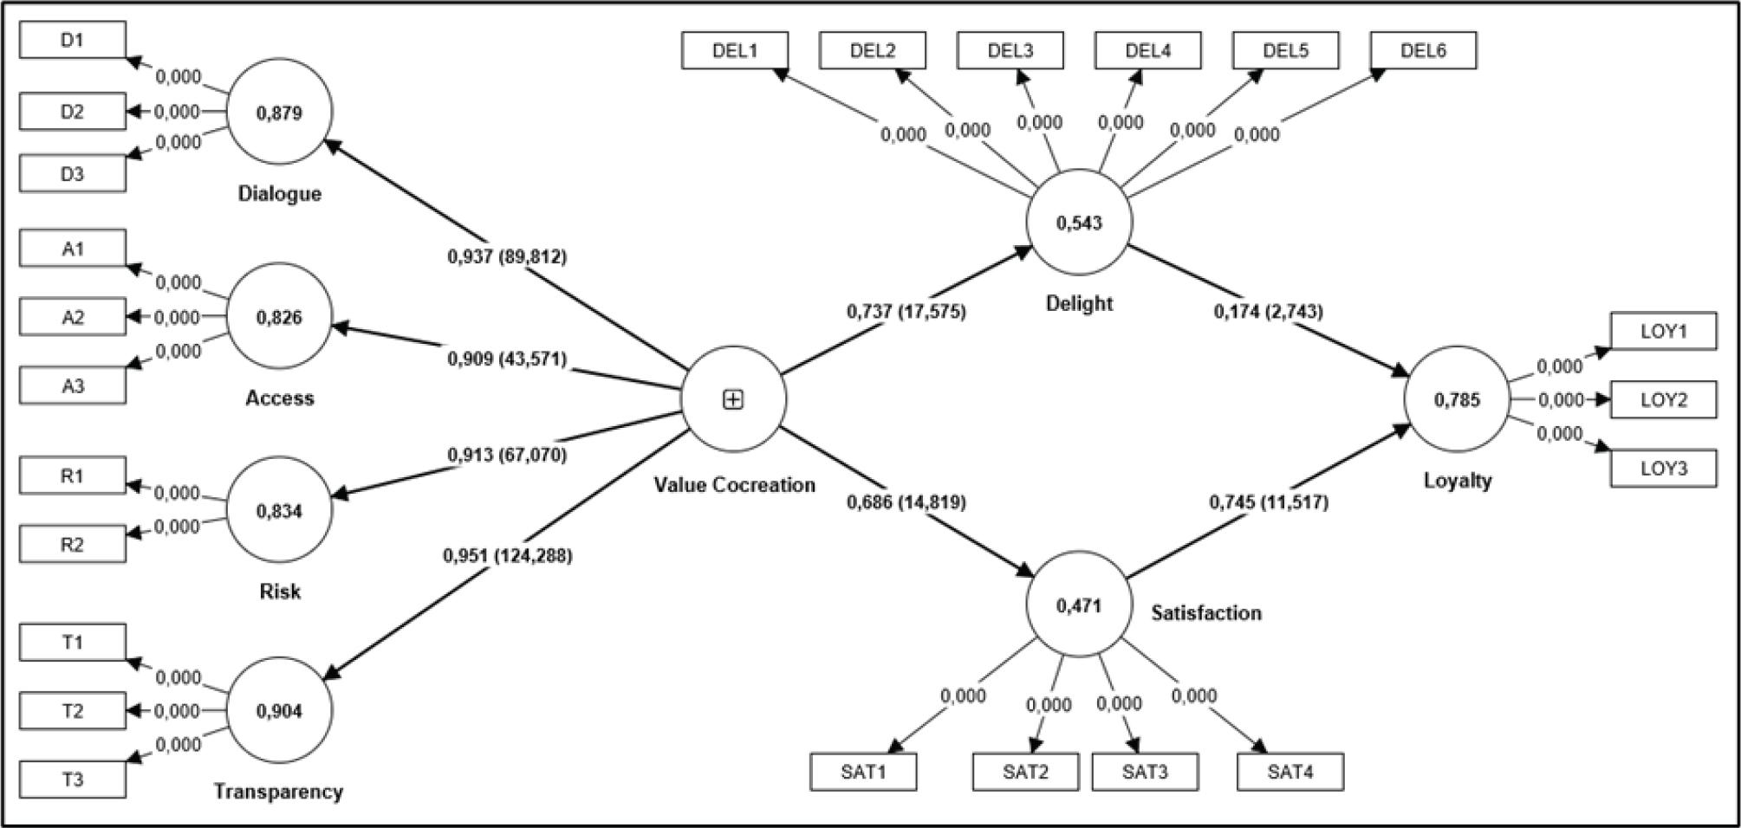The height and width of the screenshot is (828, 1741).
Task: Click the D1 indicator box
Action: pyautogui.click(x=73, y=40)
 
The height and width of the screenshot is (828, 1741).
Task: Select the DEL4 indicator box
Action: pyautogui.click(x=1148, y=50)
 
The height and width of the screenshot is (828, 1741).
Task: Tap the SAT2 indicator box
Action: pyautogui.click(x=1026, y=772)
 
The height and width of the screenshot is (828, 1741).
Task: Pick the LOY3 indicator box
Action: pyautogui.click(x=1664, y=469)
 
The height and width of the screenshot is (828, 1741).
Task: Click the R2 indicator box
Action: pyautogui.click(x=73, y=545)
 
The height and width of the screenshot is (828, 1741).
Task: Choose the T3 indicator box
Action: pyautogui.click(x=73, y=779)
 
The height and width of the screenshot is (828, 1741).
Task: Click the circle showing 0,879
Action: pyautogui.click(x=279, y=113)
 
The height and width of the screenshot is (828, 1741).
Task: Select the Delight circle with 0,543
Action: pyautogui.click(x=1079, y=223)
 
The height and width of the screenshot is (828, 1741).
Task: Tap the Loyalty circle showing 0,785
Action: pyautogui.click(x=1457, y=399)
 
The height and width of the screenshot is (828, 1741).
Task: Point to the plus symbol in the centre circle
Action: pyautogui.click(x=733, y=399)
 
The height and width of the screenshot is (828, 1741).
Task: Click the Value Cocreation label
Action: pyautogui.click(x=734, y=485)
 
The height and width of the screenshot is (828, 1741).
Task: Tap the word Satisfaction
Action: pyautogui.click(x=1206, y=613)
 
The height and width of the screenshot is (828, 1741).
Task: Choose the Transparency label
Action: pyautogui.click(x=278, y=792)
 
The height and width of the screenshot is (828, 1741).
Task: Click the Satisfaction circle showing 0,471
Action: pyautogui.click(x=1079, y=605)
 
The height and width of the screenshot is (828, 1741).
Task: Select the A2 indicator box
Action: pyautogui.click(x=73, y=317)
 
